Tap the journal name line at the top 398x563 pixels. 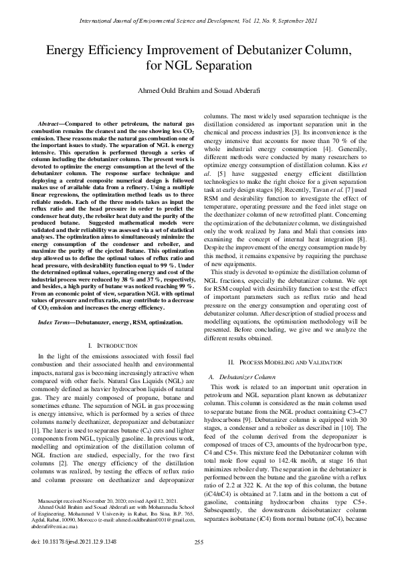click(x=199, y=23)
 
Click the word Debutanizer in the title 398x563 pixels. click(x=266, y=51)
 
